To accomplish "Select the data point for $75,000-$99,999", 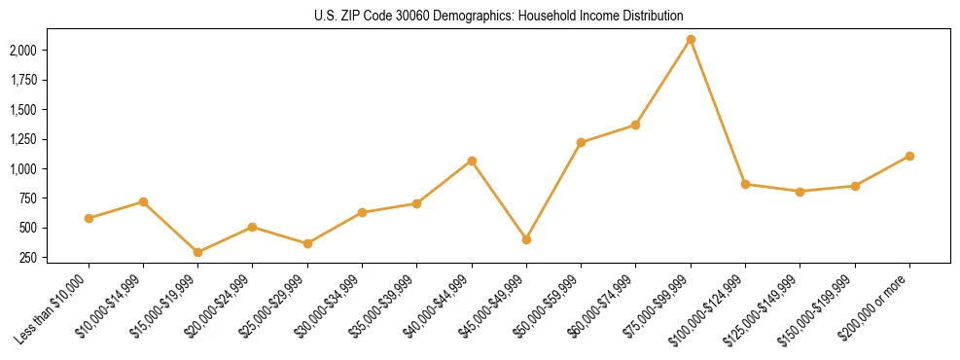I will tap(691, 40).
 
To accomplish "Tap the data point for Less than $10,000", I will tap(89, 218).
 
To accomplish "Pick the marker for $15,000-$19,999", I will tap(198, 252).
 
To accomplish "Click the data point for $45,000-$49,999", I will tap(526, 239).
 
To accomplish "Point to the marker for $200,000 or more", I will tap(909, 156).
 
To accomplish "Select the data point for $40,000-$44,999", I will tap(472, 161).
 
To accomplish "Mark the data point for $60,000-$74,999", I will tap(635, 125).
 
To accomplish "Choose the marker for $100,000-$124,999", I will tap(745, 184).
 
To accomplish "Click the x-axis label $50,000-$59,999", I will tap(550, 306).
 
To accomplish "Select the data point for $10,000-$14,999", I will tap(144, 201).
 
